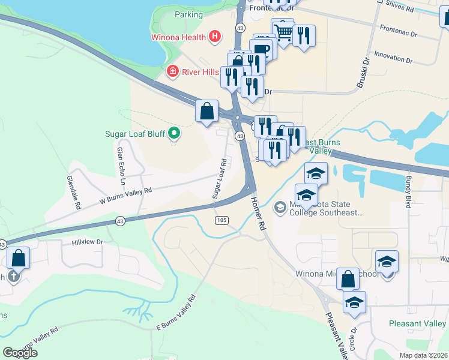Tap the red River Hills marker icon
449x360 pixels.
(172, 72)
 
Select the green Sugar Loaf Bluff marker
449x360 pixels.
(174, 133)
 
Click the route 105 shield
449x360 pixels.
(221, 221)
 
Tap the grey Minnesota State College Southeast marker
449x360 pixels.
(280, 208)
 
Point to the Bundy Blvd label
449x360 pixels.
(408, 190)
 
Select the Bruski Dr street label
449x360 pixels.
(362, 73)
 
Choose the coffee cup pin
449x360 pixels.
(261, 49)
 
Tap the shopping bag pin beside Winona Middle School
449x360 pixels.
(348, 279)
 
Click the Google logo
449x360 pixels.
(20, 353)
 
